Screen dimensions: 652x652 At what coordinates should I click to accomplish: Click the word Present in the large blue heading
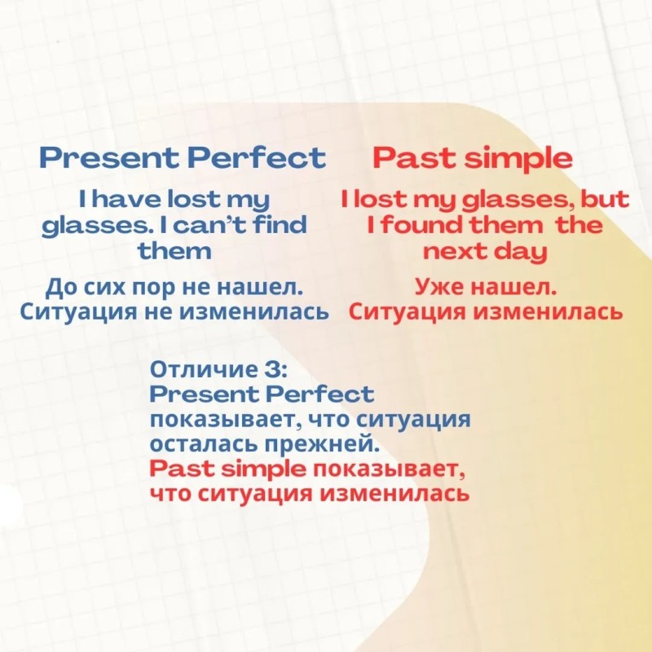(x=108, y=157)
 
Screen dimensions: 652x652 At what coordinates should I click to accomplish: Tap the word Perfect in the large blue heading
(x=256, y=157)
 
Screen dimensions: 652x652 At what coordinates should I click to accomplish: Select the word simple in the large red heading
(x=518, y=159)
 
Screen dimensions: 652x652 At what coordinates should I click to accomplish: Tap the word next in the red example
(x=452, y=252)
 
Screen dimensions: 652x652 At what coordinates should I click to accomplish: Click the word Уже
(x=441, y=287)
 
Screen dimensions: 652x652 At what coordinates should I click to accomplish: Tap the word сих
(x=104, y=288)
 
